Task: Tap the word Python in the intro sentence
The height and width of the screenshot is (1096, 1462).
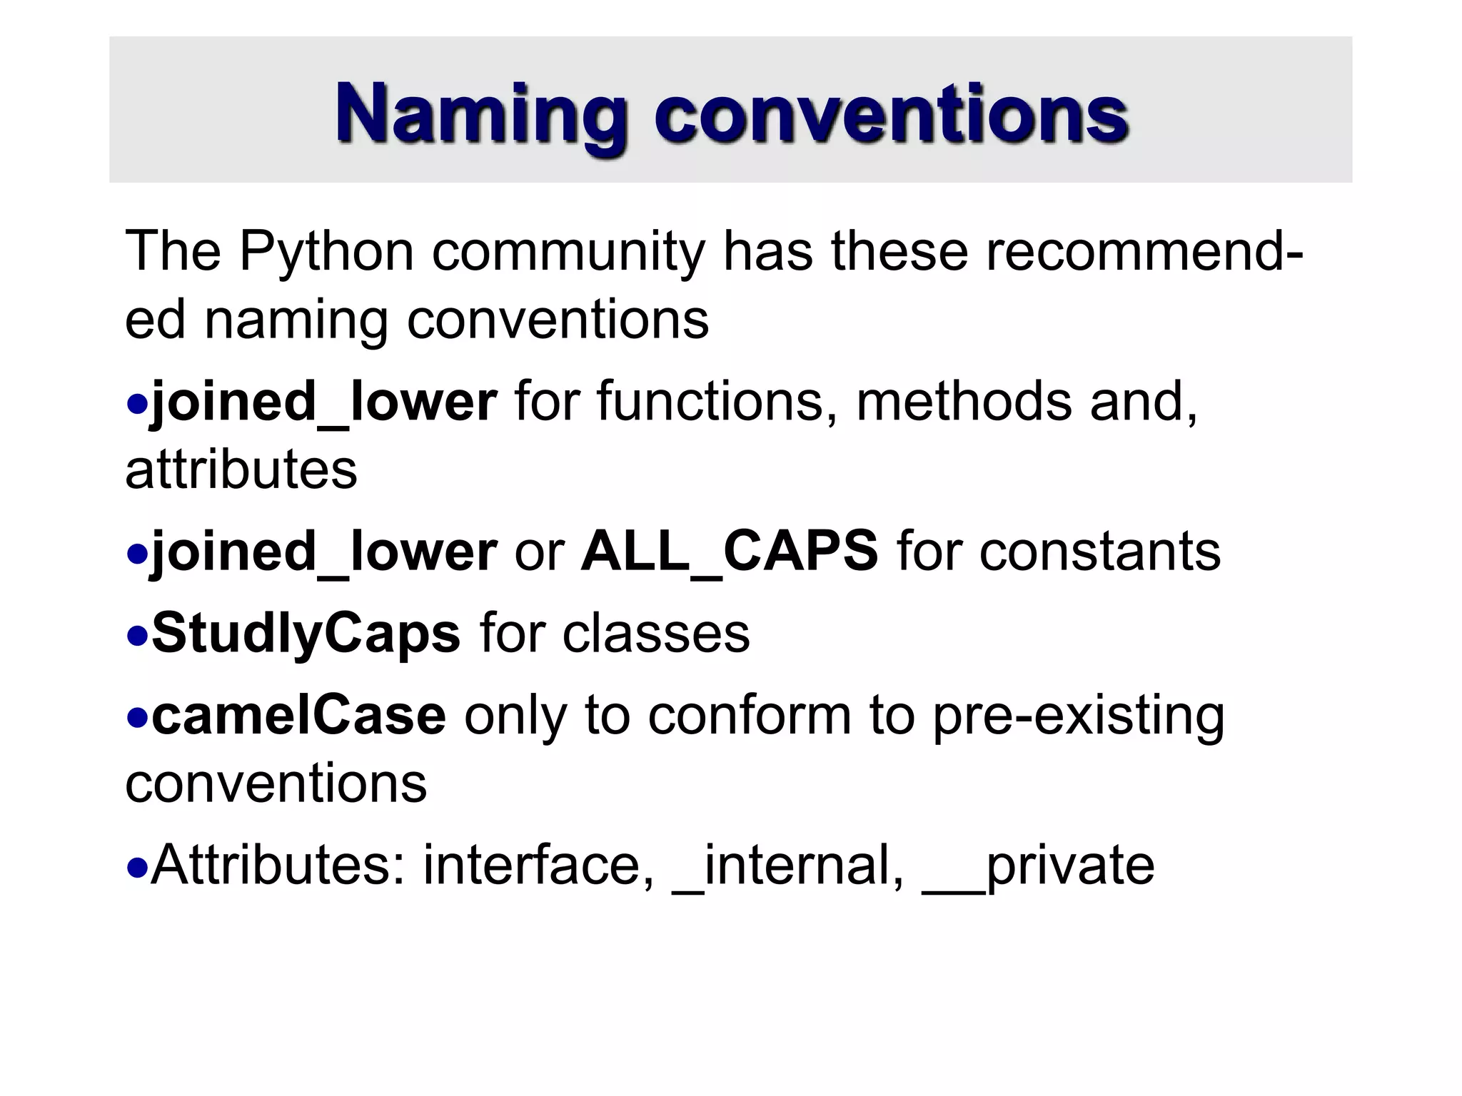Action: tap(326, 252)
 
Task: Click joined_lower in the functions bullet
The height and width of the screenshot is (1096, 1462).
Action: tap(323, 402)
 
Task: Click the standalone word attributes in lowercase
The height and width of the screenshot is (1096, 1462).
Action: tap(241, 470)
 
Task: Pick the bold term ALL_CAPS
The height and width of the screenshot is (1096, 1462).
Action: tap(730, 552)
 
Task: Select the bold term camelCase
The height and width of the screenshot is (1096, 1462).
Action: tap(299, 716)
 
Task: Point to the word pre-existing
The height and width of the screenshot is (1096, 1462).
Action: tap(1079, 716)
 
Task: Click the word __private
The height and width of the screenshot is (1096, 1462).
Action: tap(1039, 866)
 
